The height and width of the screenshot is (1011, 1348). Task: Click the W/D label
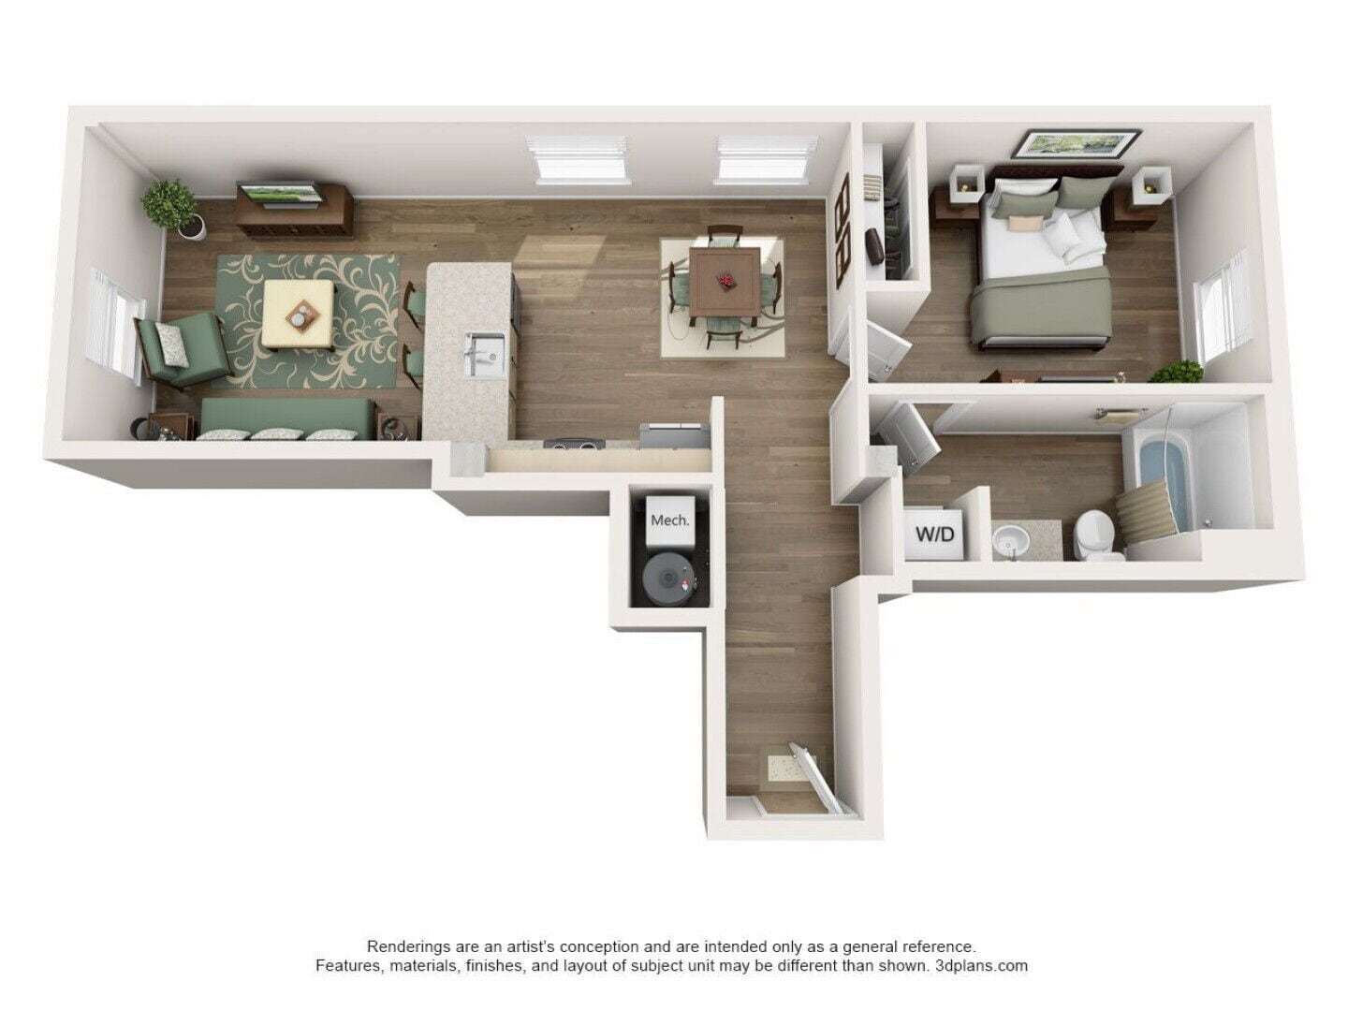click(934, 535)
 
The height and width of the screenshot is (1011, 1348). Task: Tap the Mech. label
click(669, 520)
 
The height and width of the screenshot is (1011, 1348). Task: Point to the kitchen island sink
click(484, 353)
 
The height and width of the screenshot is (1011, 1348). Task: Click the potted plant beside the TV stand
click(172, 209)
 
